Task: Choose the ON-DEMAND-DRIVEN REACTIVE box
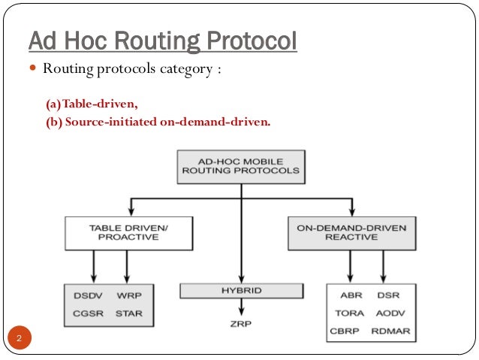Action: coord(351,232)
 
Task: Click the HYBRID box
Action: coord(241,290)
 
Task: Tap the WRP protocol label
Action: coord(128,295)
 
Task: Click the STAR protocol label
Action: coord(129,313)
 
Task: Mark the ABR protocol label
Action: coord(351,296)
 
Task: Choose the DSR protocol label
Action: coord(389,296)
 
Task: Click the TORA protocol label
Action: coord(350,313)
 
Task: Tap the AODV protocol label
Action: coord(390,313)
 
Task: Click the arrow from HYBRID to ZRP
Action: coord(240,307)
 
